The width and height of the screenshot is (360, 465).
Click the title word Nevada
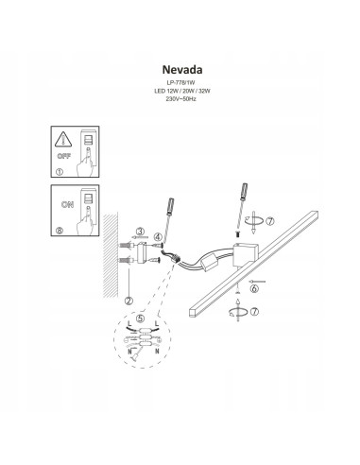coord(179,68)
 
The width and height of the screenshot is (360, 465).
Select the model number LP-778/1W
coord(179,82)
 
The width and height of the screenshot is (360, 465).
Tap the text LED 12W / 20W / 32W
coord(179,90)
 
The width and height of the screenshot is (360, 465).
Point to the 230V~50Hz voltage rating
coord(179,97)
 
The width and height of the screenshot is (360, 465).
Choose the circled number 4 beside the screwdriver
coord(158,235)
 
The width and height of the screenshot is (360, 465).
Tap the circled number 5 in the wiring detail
coord(141,319)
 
